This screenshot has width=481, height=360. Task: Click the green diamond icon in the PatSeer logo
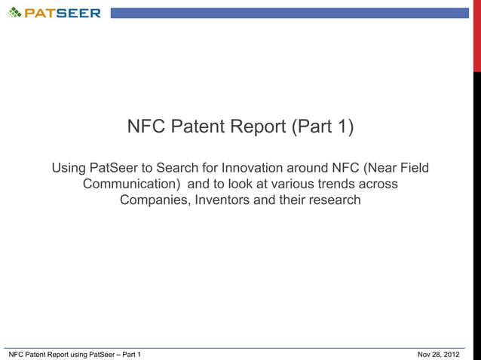(14, 12)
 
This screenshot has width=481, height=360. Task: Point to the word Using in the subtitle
(69, 167)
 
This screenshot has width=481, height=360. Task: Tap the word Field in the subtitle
(412, 167)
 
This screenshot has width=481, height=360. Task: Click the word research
(333, 200)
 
